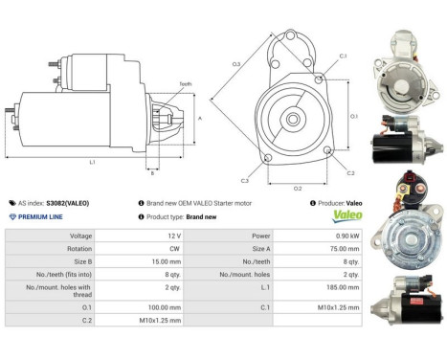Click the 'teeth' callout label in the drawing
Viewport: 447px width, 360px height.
point(185,84)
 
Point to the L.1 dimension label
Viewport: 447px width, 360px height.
point(92,162)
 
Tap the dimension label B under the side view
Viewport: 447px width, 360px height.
point(152,173)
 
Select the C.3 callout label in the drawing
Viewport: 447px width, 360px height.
point(245,180)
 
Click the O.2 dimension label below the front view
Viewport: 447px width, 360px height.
point(298,188)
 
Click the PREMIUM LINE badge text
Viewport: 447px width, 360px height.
point(44,217)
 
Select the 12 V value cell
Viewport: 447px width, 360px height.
point(145,235)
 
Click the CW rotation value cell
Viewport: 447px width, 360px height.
point(145,247)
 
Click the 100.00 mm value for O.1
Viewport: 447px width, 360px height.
point(145,307)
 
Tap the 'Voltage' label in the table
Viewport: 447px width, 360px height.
point(80,235)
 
